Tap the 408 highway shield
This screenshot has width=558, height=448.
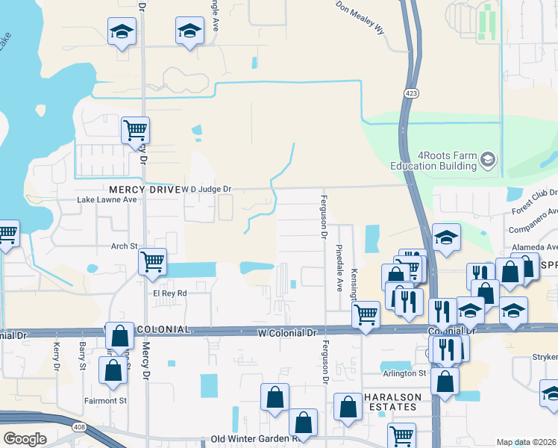tap(78, 427)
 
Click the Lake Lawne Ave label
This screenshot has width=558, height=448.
tap(107, 200)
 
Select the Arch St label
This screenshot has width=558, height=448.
tap(125, 246)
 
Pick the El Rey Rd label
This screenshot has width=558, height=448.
tap(169, 293)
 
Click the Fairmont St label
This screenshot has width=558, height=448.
tap(106, 401)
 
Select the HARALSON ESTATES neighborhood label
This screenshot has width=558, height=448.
tap(393, 402)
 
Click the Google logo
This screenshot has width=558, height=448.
tap(25, 439)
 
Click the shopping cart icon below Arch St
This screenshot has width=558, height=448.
tap(152, 263)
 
